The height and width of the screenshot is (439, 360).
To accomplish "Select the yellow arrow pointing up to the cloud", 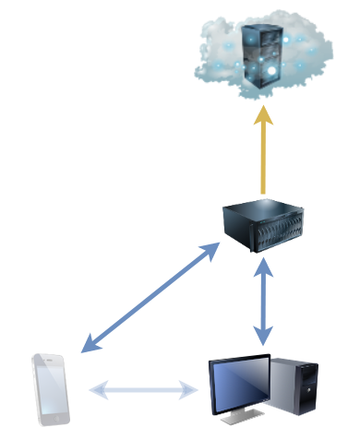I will pyautogui.click(x=264, y=152).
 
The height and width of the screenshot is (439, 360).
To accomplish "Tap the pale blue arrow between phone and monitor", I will pyautogui.click(x=143, y=390).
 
